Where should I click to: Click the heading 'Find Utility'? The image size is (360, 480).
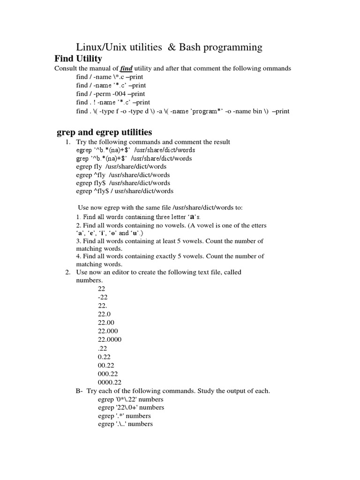(78, 59)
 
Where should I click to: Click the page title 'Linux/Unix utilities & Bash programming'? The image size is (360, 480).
(169, 47)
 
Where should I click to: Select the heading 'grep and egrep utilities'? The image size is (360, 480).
(104, 133)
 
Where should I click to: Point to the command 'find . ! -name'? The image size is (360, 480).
(113, 102)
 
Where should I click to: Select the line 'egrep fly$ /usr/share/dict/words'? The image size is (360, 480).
(123, 183)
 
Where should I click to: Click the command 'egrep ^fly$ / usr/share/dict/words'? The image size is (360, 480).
(124, 191)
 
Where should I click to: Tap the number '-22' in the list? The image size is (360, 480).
(103, 298)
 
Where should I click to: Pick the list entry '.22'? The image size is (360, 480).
(103, 348)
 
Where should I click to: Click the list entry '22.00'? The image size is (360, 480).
(106, 323)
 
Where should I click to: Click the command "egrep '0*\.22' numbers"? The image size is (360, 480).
(131, 399)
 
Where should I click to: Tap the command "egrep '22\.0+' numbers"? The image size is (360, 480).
(131, 408)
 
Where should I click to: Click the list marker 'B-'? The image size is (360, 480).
(79, 391)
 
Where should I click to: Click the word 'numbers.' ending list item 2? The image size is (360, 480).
(89, 281)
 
